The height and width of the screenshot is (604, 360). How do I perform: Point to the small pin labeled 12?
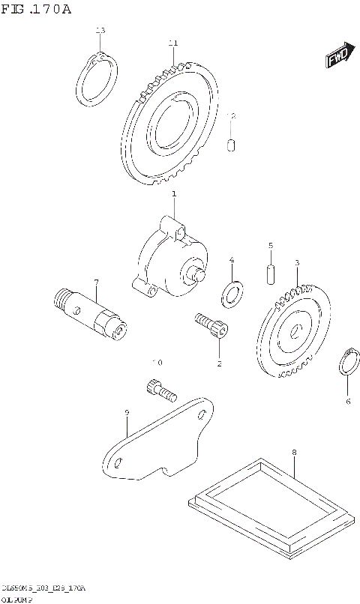(x=232, y=142)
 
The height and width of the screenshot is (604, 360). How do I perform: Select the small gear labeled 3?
(x=294, y=330)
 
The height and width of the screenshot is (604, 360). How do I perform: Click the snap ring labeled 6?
(x=347, y=364)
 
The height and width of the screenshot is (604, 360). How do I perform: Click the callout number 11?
(x=173, y=43)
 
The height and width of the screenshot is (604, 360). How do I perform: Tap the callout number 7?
(x=96, y=282)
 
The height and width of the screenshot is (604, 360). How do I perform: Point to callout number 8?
(x=294, y=452)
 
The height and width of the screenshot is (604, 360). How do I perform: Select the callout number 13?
(x=100, y=30)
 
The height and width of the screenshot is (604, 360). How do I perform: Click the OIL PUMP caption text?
(x=16, y=598)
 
